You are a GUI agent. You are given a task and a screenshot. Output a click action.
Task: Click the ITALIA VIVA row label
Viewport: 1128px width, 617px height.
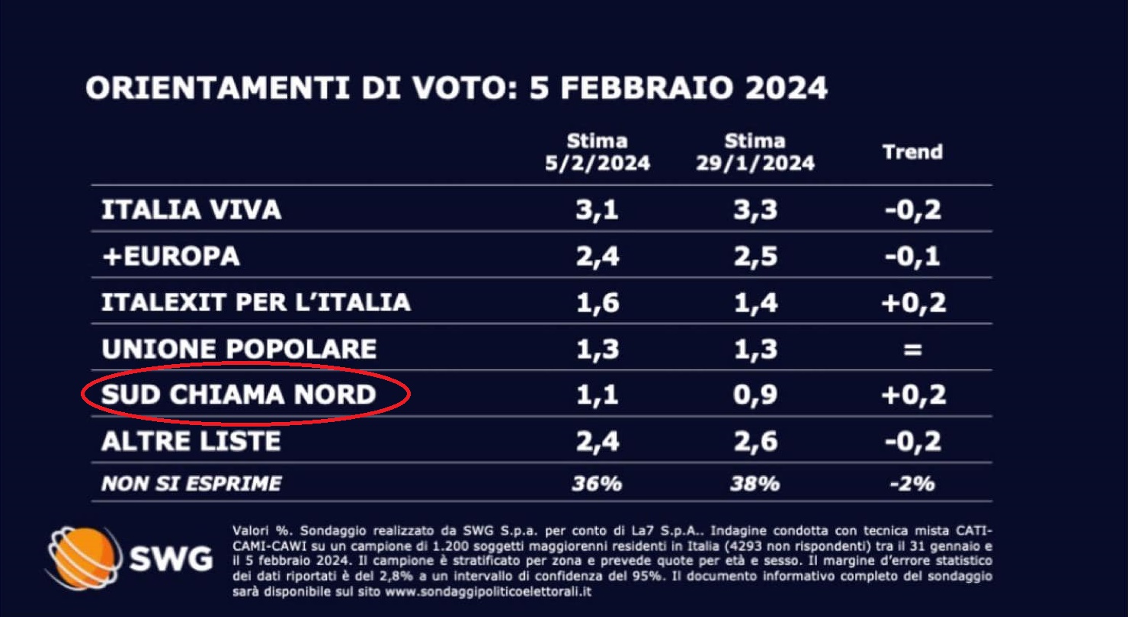[x=191, y=209]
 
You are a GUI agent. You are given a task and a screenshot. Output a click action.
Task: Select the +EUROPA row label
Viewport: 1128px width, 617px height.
[x=171, y=256]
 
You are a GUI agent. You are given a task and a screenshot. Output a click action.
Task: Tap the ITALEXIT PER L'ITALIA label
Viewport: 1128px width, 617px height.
[x=256, y=302]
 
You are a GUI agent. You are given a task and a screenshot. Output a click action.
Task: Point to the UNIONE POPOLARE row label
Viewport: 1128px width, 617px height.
[x=239, y=349]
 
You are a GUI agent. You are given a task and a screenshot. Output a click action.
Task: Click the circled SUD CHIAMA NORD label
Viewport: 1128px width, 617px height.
[x=239, y=395]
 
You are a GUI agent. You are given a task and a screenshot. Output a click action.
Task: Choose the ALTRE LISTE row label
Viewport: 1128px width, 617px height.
[x=191, y=441]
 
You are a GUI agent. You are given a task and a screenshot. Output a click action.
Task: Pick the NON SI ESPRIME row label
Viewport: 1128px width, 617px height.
[x=191, y=483]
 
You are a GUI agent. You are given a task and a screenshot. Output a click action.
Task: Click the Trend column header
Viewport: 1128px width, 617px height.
[x=912, y=152]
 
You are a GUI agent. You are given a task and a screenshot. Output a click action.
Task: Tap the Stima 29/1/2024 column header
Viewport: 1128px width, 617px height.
[x=755, y=152]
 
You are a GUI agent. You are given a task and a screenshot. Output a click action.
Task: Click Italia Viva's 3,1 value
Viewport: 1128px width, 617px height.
[x=598, y=209]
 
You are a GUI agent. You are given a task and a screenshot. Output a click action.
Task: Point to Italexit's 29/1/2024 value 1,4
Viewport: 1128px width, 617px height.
[x=757, y=302]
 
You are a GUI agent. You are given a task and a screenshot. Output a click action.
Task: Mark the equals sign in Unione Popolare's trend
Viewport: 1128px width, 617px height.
[x=913, y=350]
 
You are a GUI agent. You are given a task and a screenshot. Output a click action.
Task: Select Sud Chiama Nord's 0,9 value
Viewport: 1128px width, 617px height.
[x=757, y=395]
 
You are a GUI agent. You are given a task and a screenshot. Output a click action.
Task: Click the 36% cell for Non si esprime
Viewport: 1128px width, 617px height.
[x=598, y=484]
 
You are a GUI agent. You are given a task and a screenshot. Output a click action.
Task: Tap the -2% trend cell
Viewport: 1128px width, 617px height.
[x=912, y=484]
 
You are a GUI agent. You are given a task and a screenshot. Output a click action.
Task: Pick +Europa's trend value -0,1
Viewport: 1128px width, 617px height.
[x=912, y=256]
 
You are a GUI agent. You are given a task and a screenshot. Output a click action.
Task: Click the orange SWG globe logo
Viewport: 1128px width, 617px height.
[x=82, y=558]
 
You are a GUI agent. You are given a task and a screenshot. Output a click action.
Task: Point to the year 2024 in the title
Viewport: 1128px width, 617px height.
[x=786, y=88]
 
